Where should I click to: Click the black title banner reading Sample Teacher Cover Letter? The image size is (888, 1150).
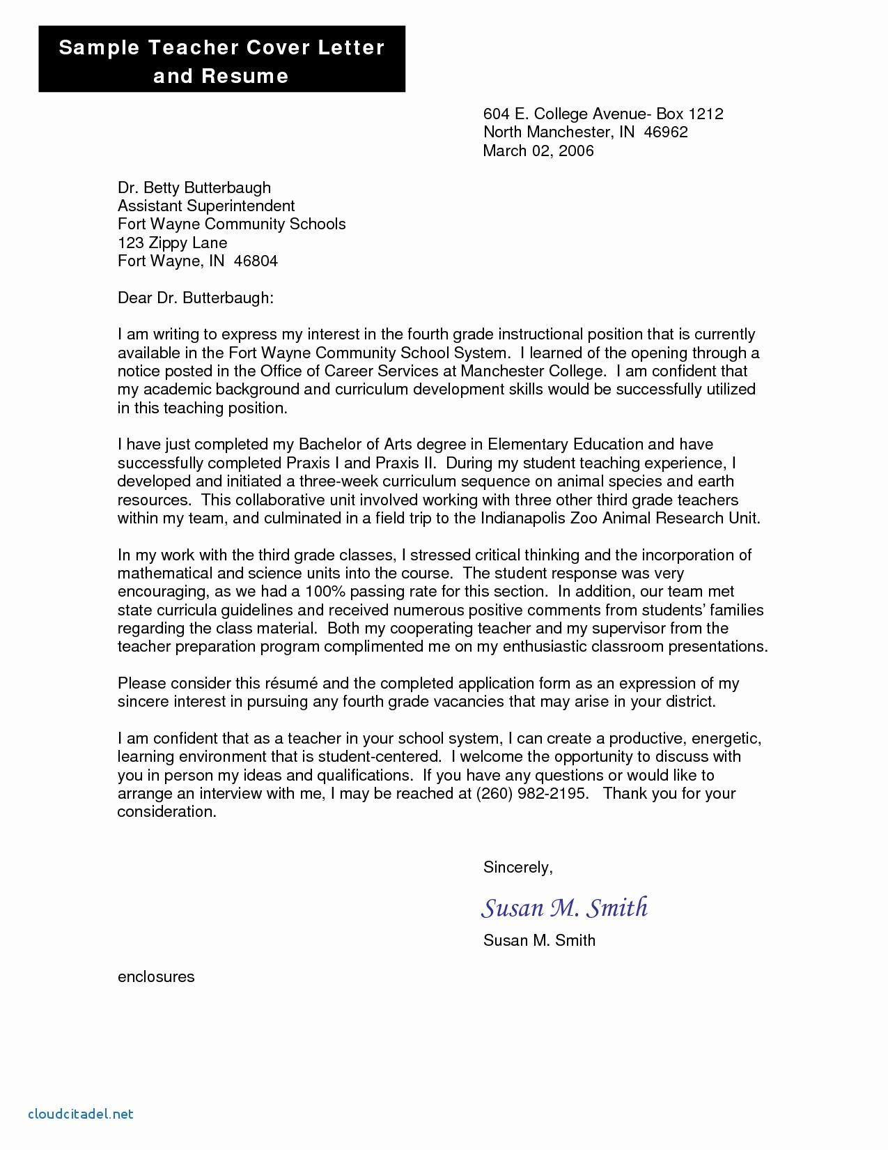coord(221,60)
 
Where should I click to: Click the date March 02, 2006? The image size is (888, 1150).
coord(538,151)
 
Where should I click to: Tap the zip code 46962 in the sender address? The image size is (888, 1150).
coord(666,132)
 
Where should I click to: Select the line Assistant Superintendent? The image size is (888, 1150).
coord(206,206)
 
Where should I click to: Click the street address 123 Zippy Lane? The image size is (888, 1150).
coord(172,243)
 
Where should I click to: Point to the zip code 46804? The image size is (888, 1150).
coord(256,261)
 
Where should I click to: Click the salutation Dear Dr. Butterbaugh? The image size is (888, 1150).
coord(195,298)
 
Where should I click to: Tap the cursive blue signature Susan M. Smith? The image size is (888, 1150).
coord(564,907)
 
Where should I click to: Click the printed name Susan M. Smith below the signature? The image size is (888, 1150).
coord(539,941)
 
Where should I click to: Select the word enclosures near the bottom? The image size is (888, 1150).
coord(156,977)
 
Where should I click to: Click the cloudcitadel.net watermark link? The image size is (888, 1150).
coord(81,1114)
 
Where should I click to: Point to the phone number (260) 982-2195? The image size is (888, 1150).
coord(532,794)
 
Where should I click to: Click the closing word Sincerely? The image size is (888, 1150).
coord(517,868)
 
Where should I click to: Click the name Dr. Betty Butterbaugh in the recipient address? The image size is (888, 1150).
coord(194,188)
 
